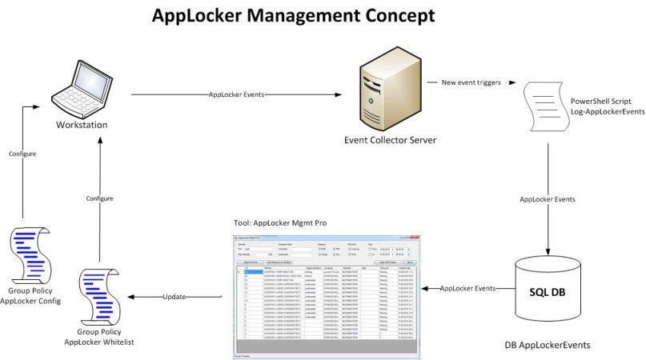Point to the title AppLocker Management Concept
294,16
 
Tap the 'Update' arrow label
175,297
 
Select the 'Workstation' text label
82,126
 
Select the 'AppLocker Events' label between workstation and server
236,94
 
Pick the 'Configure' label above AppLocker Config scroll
22,153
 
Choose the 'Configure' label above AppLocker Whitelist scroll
98,198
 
